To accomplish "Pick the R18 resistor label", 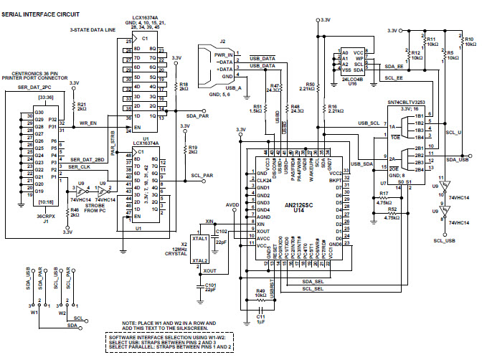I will click(x=184, y=86).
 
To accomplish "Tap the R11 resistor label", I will click(x=431, y=41).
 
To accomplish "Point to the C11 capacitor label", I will click(x=260, y=317).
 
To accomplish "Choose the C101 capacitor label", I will click(x=211, y=287).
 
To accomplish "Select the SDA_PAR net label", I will click(x=197, y=115).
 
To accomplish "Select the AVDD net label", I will click(x=232, y=204).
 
